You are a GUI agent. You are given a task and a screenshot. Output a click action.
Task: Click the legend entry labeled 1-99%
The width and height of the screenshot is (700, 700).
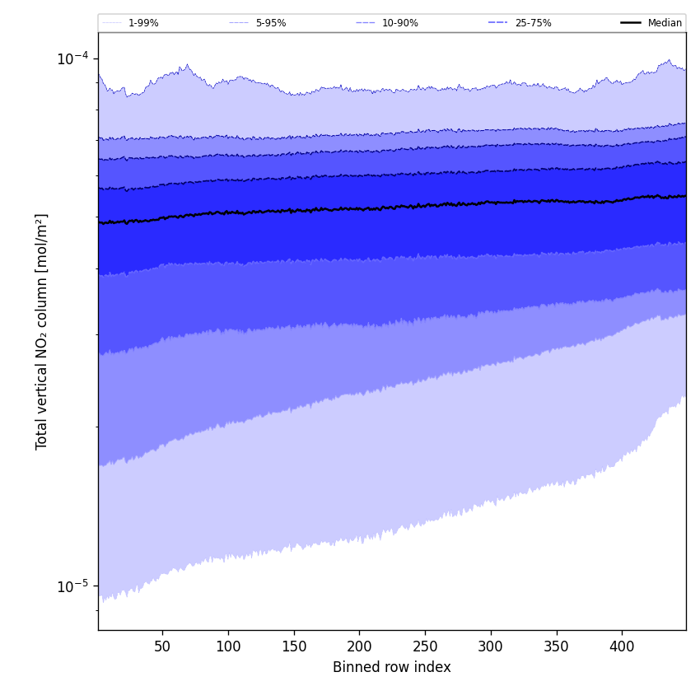143,23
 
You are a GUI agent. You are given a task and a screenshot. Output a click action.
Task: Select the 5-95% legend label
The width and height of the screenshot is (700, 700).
271,23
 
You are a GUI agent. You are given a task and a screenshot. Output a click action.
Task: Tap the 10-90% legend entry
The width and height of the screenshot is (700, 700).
399,23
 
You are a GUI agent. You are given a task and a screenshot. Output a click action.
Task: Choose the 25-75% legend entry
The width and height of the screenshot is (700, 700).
533,23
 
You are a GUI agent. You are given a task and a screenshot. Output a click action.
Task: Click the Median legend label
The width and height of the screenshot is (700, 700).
665,23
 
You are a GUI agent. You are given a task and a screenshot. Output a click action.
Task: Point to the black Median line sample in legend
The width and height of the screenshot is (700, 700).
631,23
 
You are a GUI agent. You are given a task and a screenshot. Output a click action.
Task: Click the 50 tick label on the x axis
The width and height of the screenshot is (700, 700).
162,647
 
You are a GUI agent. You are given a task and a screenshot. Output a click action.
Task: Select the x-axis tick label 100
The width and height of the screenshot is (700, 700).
228,647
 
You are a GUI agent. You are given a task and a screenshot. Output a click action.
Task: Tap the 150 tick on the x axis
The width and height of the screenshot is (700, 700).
293,647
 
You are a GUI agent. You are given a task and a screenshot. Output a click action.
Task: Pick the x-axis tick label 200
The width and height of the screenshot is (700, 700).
359,647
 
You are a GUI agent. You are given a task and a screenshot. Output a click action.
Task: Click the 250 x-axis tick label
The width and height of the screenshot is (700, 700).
425,647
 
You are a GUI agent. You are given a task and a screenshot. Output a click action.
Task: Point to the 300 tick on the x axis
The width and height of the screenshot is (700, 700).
491,647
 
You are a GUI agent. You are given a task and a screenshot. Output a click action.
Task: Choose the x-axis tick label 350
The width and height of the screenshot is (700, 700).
557,647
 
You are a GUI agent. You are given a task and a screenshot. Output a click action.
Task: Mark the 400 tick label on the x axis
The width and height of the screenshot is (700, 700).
622,647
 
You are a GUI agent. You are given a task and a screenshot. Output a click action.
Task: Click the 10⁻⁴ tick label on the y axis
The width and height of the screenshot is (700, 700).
72,58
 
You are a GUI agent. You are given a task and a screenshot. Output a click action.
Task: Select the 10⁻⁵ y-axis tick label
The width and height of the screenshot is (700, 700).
72,586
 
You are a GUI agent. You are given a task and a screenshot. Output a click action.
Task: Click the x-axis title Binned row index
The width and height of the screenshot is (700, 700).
392,668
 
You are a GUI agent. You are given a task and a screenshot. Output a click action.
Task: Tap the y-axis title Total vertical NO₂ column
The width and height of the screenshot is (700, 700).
42,331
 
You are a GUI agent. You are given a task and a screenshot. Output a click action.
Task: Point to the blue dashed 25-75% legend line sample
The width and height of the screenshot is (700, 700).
498,23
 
